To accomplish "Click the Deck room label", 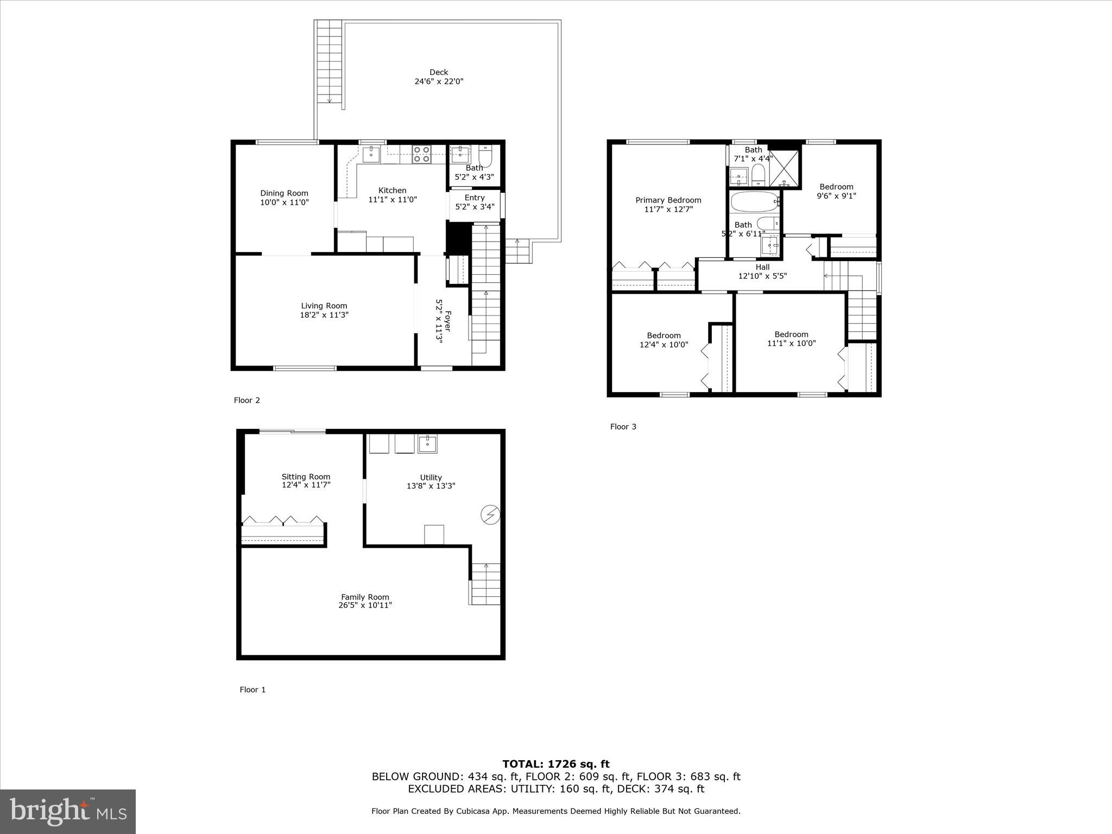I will click(x=439, y=72).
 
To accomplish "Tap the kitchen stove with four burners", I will click(x=421, y=154).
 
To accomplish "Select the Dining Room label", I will click(x=284, y=193).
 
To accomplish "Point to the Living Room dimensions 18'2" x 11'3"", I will click(x=324, y=315).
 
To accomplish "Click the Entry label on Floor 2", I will click(x=475, y=198).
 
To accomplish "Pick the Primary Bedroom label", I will click(x=668, y=200).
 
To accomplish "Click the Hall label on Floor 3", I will click(x=762, y=267).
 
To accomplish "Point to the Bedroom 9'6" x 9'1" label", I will click(x=836, y=187).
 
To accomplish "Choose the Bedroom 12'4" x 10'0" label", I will click(x=664, y=336).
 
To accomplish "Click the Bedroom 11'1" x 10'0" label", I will click(x=791, y=334).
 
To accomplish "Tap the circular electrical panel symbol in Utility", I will click(x=490, y=514).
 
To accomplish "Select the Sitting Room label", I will click(x=306, y=477).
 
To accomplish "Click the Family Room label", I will click(x=365, y=597).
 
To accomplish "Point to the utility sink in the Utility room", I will click(x=428, y=444).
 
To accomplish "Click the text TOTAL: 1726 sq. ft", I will click(x=556, y=764).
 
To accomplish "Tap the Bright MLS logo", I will click(x=68, y=811).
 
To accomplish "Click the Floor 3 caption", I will click(x=623, y=427).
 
